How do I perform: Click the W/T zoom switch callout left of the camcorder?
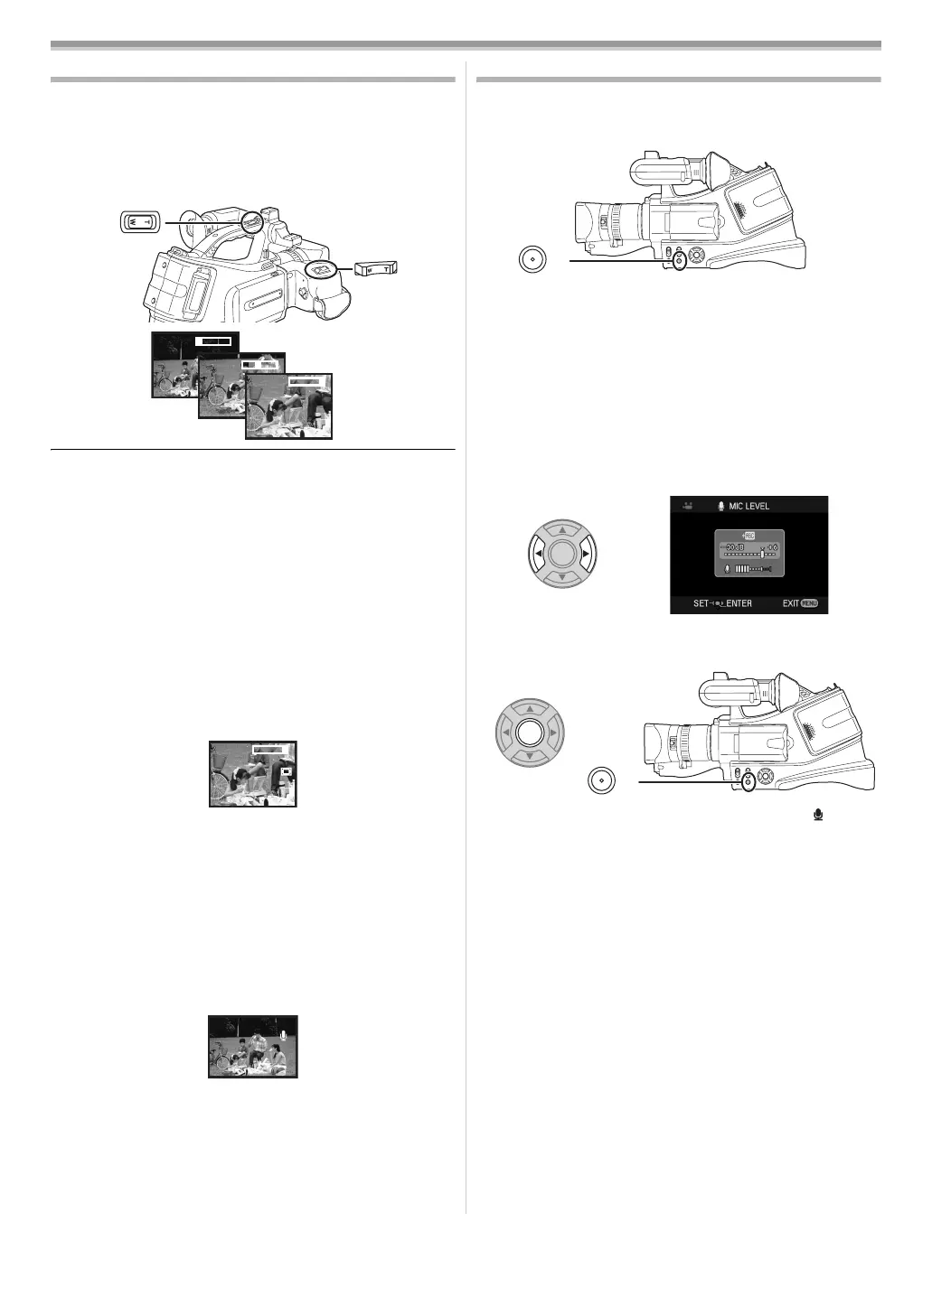coord(140,220)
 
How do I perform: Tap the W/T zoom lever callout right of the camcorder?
coord(375,268)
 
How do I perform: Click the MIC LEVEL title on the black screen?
coord(749,506)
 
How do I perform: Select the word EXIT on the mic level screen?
coord(790,602)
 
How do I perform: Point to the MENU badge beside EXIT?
coord(809,602)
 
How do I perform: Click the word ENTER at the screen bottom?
coord(739,602)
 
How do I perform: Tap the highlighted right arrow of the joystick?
coord(586,554)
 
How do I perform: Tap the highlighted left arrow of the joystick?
coord(538,554)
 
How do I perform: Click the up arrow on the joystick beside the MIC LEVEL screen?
coord(561,530)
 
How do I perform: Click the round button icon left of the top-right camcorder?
coord(532,258)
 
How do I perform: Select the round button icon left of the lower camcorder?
coord(601,779)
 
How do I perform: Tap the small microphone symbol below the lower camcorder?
coord(819,816)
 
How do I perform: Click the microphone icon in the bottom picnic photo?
coord(284,1036)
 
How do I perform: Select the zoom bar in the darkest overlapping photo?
coord(217,341)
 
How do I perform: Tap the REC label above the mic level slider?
coord(748,536)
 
